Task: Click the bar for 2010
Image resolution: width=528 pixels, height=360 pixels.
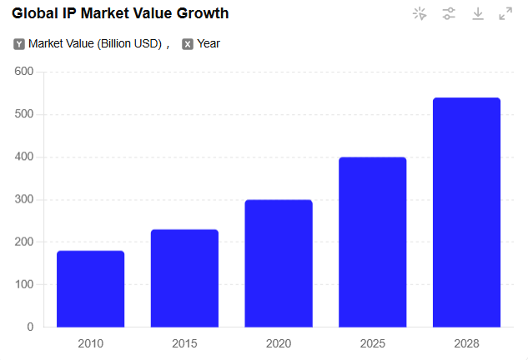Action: click(x=90, y=288)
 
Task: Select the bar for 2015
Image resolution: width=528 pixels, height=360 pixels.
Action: click(x=184, y=277)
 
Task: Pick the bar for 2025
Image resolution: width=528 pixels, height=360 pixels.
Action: click(x=372, y=242)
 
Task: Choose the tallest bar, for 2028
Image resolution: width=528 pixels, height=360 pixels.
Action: click(x=466, y=212)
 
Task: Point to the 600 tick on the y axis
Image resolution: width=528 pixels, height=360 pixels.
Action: click(x=24, y=72)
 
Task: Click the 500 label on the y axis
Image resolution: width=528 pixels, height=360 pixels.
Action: click(x=24, y=114)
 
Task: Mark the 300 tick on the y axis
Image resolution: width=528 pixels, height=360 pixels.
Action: click(x=24, y=199)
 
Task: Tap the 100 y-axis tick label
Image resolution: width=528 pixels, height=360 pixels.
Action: click(x=24, y=284)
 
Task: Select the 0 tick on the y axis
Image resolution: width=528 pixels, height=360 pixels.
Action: click(x=30, y=327)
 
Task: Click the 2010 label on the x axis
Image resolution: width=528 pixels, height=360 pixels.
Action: click(x=90, y=342)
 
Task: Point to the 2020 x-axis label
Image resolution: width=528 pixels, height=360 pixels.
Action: click(x=279, y=342)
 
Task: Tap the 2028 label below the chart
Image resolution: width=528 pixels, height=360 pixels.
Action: click(x=466, y=342)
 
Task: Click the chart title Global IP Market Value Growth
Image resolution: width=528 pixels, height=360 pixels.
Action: click(x=120, y=13)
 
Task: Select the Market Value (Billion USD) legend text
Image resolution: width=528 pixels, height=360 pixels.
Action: click(x=94, y=43)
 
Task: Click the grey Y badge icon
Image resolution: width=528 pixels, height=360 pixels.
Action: click(x=19, y=44)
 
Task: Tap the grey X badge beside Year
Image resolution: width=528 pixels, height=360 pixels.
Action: click(x=188, y=44)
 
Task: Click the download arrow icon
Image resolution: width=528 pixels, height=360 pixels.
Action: click(x=478, y=13)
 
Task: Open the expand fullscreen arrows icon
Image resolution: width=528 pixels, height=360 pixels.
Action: click(x=505, y=13)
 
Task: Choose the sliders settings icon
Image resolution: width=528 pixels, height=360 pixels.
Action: click(x=449, y=13)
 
